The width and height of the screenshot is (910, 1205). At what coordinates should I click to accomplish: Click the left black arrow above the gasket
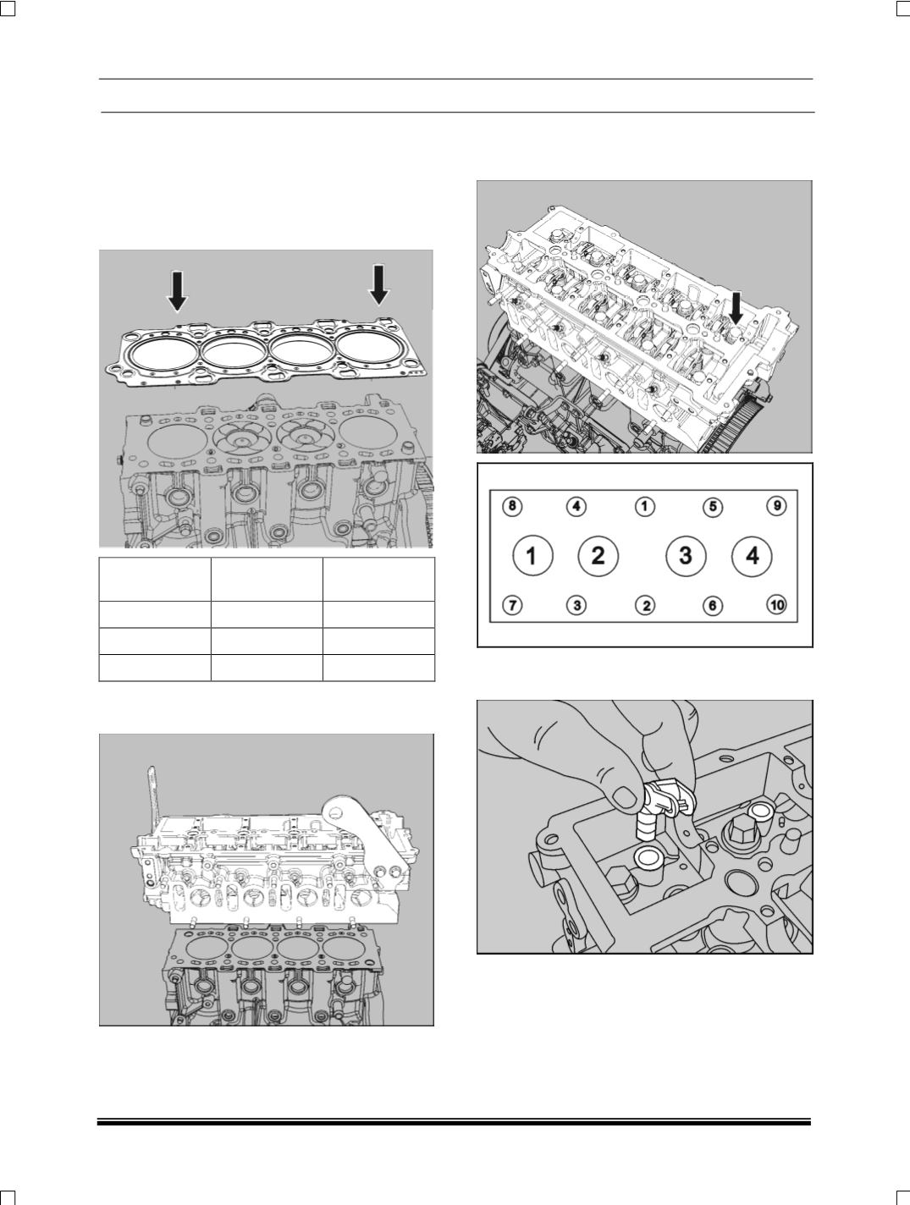point(177,291)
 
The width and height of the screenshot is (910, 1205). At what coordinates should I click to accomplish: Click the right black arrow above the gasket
point(378,284)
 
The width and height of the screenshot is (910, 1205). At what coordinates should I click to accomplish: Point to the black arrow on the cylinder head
point(736,308)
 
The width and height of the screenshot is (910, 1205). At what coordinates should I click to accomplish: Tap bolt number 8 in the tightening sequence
point(512,505)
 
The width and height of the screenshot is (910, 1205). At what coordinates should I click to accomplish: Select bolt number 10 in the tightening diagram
point(776,605)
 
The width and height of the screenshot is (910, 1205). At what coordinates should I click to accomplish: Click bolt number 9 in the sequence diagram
point(776,505)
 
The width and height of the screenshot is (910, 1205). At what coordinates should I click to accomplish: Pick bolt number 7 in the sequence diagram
point(512,606)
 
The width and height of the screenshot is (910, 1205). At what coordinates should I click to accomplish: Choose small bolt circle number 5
point(712,506)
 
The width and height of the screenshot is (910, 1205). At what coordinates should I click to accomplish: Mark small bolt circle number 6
point(712,606)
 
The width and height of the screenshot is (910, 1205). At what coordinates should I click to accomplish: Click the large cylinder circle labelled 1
point(532,556)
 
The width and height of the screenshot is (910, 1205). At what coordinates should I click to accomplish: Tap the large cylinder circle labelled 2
point(598,556)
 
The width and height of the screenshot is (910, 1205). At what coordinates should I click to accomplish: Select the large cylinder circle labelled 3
point(686,556)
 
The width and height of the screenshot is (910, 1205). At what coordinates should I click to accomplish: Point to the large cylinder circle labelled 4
point(752,556)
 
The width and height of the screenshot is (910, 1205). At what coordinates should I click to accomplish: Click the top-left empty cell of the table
point(155,579)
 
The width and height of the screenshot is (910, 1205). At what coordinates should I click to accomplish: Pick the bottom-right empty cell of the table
point(379,669)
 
